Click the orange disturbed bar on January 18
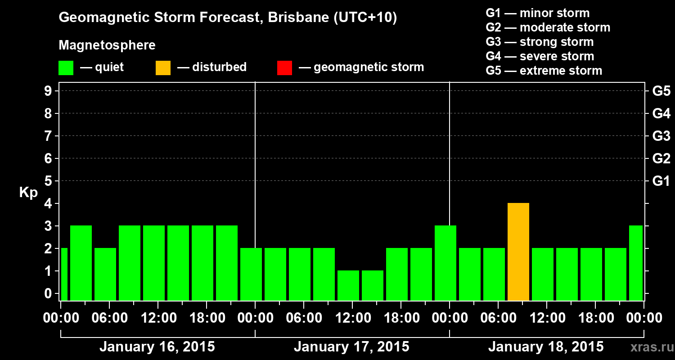[518, 252]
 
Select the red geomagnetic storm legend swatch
[284, 68]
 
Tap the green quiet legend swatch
[66, 68]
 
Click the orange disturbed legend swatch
[163, 68]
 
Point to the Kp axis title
[28, 193]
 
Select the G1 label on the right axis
[661, 181]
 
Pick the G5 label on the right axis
[661, 91]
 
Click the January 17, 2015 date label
[351, 347]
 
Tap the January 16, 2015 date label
[157, 347]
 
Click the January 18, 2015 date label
[546, 347]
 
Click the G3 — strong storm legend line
[540, 42]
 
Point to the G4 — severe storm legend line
[540, 56]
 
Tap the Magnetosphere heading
[107, 45]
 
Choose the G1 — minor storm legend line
[538, 13]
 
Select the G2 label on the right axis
[661, 159]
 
